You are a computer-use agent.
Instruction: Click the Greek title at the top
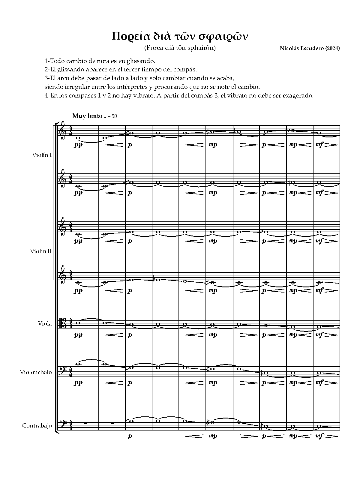point(180,36)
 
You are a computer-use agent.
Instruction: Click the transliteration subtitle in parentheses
point(180,48)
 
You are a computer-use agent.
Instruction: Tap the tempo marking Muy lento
point(87,116)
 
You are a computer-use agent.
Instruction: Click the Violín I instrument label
point(42,155)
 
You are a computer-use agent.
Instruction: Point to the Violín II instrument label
point(41,251)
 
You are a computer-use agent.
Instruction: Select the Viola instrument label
point(45,324)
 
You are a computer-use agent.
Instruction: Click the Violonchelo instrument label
point(36,372)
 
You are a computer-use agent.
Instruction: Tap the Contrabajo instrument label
point(37,426)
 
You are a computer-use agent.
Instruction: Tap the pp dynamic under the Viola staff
point(78,335)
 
